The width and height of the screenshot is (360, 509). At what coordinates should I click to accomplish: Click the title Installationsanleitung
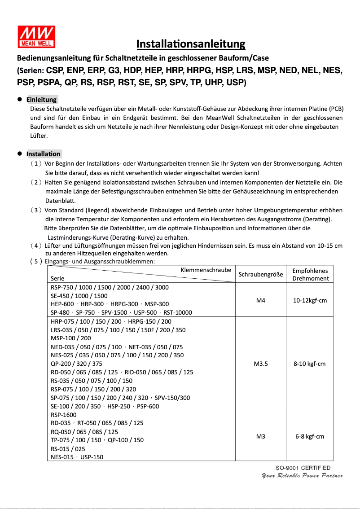click(x=191, y=44)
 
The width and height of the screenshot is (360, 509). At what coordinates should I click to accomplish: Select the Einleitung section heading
click(x=41, y=100)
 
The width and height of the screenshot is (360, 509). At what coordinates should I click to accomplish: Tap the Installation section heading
click(x=43, y=154)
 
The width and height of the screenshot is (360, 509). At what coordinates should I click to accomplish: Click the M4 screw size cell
click(x=260, y=300)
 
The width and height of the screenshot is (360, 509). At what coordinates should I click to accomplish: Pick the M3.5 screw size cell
click(x=260, y=364)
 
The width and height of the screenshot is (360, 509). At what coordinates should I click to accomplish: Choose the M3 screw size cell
click(x=260, y=436)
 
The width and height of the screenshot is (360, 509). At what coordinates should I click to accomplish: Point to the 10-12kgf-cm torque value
click(x=310, y=300)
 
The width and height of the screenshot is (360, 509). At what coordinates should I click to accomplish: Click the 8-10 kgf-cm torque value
click(x=310, y=364)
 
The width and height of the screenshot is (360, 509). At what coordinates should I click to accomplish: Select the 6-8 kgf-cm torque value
click(x=310, y=436)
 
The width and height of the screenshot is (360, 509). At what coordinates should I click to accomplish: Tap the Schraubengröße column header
click(x=260, y=274)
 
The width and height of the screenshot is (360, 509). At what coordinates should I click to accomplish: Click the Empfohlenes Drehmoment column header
click(x=310, y=274)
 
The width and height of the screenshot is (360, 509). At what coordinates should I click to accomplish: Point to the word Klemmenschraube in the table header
click(x=206, y=270)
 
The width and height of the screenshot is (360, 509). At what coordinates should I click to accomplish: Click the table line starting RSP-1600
click(x=64, y=415)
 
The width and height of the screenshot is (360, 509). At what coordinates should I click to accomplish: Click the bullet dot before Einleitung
click(x=20, y=99)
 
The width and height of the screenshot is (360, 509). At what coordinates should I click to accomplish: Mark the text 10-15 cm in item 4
click(x=330, y=246)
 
